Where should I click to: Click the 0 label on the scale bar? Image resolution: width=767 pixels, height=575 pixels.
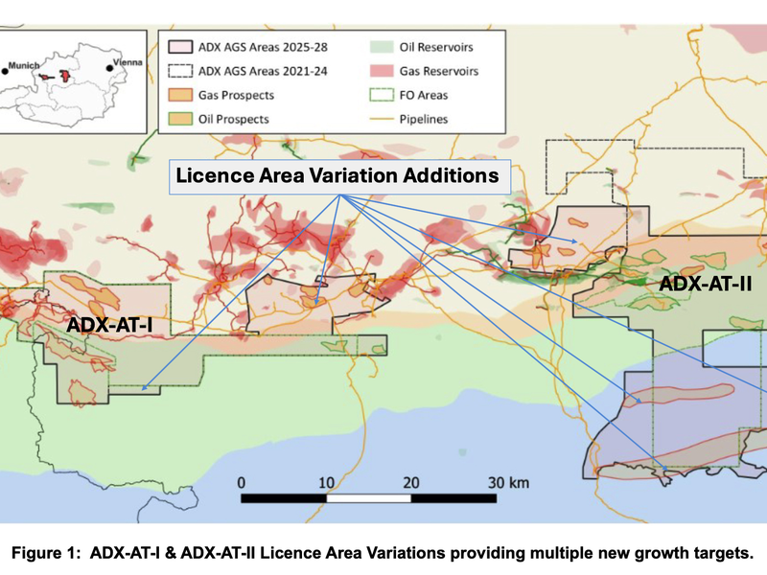point(243,481)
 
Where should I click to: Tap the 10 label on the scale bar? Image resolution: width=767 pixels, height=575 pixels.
point(326,481)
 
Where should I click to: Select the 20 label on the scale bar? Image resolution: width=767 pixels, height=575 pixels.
point(410,481)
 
